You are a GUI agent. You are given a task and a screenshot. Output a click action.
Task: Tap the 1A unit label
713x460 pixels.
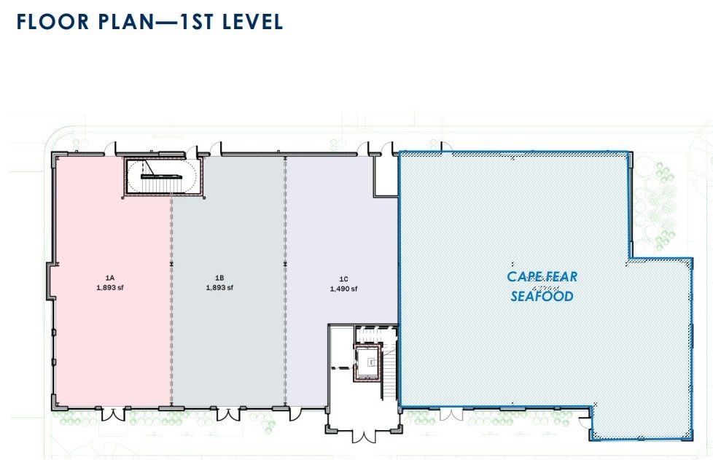pyautogui.click(x=110, y=278)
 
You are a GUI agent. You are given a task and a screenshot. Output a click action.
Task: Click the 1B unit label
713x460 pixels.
pyautogui.click(x=219, y=278)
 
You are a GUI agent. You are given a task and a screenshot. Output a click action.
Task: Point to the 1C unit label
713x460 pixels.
pyautogui.click(x=343, y=278)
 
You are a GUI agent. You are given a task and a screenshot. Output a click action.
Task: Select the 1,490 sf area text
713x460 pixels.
pyautogui.click(x=343, y=289)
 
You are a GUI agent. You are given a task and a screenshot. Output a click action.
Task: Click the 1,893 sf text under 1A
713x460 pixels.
pyautogui.click(x=110, y=287)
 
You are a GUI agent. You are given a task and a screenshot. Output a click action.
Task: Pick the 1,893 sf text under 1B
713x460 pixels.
pyautogui.click(x=219, y=287)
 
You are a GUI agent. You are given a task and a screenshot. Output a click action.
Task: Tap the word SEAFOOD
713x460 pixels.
pyautogui.click(x=542, y=297)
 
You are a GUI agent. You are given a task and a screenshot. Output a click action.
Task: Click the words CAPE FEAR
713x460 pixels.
pyautogui.click(x=542, y=277)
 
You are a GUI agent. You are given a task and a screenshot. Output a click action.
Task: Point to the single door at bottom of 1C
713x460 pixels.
pyautogui.click(x=295, y=414)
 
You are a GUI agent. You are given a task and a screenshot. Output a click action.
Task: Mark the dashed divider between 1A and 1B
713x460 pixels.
pyautogui.click(x=171, y=306)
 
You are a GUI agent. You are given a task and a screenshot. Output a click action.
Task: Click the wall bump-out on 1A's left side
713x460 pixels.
pyautogui.click(x=50, y=281)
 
